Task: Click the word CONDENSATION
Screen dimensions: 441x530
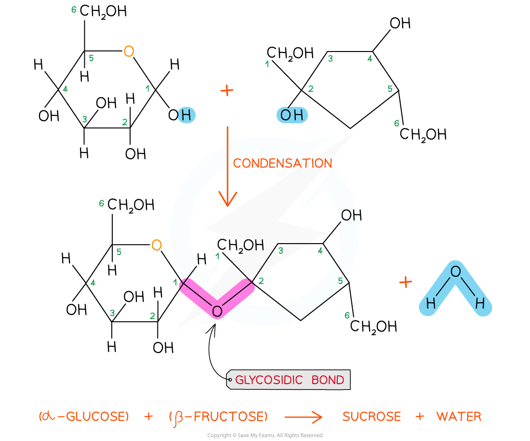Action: [282, 164]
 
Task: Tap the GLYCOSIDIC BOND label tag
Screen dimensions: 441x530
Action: [289, 380]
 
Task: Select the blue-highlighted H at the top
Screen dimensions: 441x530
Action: [186, 116]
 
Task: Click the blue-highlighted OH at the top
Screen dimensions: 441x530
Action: [292, 116]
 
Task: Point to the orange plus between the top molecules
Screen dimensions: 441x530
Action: [226, 91]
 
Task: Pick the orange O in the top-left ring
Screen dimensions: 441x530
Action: [129, 52]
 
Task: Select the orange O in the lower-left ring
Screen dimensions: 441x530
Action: [157, 246]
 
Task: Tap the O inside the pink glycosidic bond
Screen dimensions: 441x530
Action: [217, 312]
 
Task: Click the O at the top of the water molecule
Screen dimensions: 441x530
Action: [455, 272]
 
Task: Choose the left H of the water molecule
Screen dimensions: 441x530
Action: [430, 304]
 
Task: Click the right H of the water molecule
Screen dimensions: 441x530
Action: [480, 304]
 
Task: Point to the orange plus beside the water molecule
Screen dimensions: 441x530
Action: [406, 282]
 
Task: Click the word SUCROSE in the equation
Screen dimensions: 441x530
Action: [371, 417]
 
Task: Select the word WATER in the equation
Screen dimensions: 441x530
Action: [459, 417]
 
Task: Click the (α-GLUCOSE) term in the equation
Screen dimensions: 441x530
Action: [84, 417]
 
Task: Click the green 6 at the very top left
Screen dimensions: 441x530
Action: [74, 10]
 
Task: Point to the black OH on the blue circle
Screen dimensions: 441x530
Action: [349, 216]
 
